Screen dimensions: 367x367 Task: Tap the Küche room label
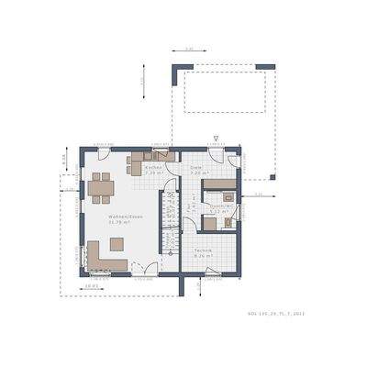[x=153, y=168]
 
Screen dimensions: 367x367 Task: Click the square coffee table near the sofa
[x=117, y=243]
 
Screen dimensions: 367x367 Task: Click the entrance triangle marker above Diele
[x=215, y=137]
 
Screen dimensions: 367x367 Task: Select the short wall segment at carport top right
[x=264, y=66]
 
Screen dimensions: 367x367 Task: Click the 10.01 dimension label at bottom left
[x=91, y=285]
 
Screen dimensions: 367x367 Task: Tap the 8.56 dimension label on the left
[x=64, y=158]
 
